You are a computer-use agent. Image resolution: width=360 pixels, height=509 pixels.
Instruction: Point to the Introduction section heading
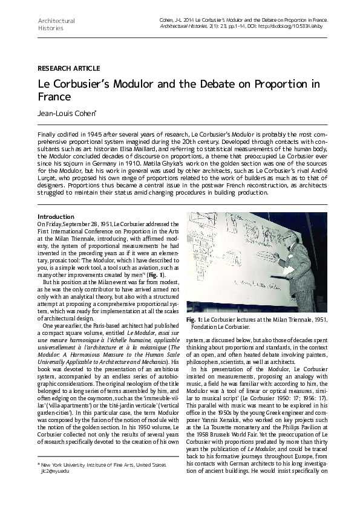click(56, 216)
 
